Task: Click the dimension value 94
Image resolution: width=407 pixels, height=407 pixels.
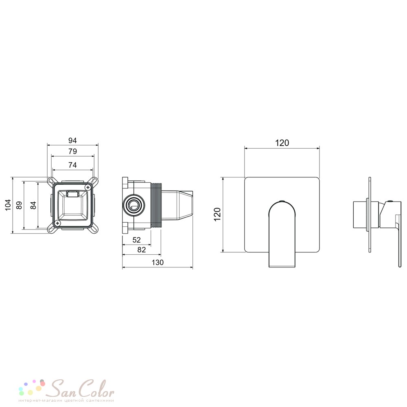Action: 72,140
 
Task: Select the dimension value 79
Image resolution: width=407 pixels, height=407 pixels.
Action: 73,151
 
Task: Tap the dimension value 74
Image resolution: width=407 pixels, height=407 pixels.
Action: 73,165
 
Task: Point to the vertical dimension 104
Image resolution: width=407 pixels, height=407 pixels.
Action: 8,205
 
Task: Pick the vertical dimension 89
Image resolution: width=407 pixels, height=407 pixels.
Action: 19,205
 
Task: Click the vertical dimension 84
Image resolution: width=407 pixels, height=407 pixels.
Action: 33,205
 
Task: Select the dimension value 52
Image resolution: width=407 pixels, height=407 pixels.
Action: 136,240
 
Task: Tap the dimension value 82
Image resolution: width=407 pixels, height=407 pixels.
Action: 142,250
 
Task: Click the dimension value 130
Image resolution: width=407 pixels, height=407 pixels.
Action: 158,263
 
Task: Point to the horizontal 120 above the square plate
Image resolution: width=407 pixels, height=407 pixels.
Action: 282,143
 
